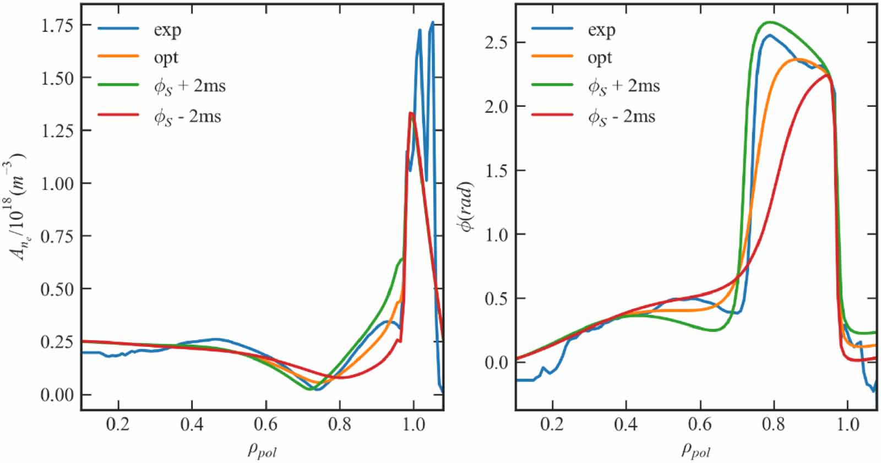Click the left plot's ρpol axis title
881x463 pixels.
click(x=262, y=450)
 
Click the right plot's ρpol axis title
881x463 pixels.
click(x=696, y=450)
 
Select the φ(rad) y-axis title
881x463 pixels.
click(x=467, y=206)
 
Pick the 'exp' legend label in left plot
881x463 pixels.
click(x=167, y=30)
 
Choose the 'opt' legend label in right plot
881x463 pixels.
click(x=600, y=58)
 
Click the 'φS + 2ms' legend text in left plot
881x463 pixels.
click(x=189, y=86)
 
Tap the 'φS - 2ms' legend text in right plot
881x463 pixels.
click(x=622, y=117)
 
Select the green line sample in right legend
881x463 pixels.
click(x=552, y=85)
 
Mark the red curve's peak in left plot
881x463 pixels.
click(x=411, y=113)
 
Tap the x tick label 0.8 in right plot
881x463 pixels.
click(x=774, y=424)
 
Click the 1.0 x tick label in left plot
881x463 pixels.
click(x=414, y=424)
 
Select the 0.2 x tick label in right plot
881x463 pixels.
click(x=552, y=424)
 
